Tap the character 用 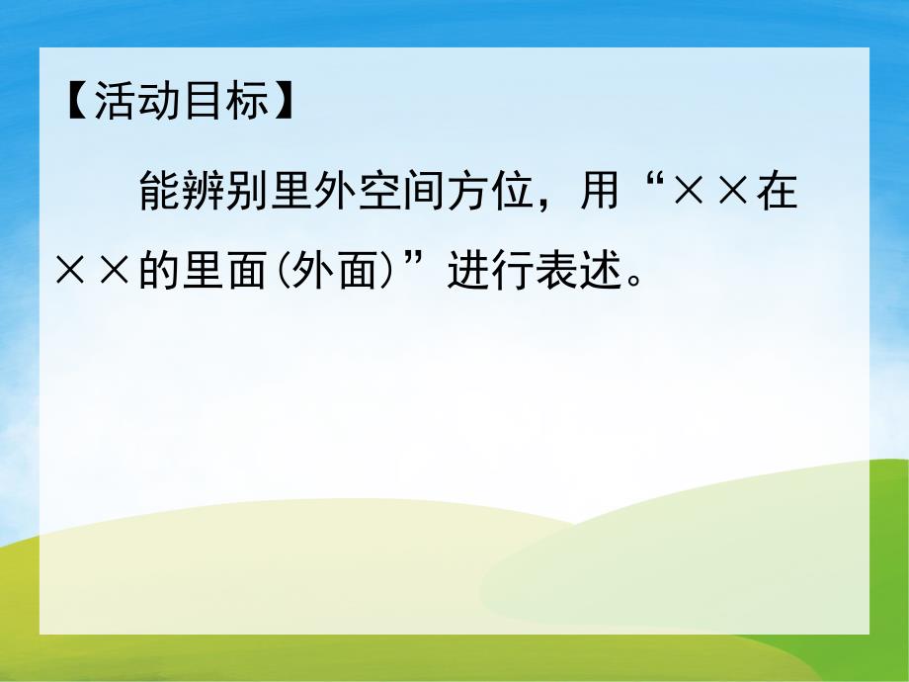click(x=598, y=192)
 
